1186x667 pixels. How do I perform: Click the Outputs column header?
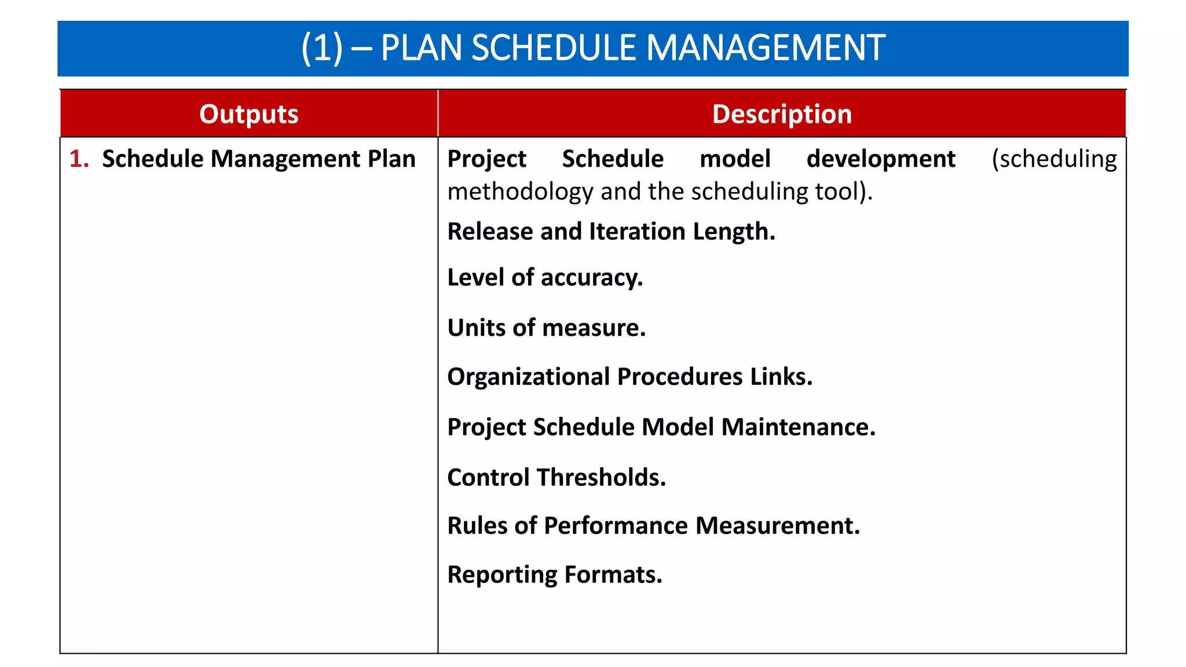coord(249,114)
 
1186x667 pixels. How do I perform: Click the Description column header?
coord(782,114)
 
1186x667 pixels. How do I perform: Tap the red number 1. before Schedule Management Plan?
coord(79,159)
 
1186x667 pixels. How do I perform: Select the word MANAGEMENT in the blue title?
coord(765,47)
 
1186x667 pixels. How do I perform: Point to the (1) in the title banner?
coord(322,47)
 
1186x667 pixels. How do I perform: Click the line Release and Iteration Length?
coord(611,232)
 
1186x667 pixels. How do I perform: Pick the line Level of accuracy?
coord(545,278)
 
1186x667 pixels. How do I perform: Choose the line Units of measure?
coord(546,328)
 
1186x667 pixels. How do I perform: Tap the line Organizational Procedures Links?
coord(629,377)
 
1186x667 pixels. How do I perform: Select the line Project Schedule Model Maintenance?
coord(661,427)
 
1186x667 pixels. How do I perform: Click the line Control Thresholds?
coord(557,478)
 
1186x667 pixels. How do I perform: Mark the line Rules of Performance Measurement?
coord(654,526)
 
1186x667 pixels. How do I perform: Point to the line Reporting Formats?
coord(554,575)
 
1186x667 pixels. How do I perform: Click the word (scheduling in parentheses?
coord(1054,159)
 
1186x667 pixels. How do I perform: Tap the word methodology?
coord(520,192)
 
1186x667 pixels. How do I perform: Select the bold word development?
coord(881,159)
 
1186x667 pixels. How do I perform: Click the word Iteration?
coord(637,232)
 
